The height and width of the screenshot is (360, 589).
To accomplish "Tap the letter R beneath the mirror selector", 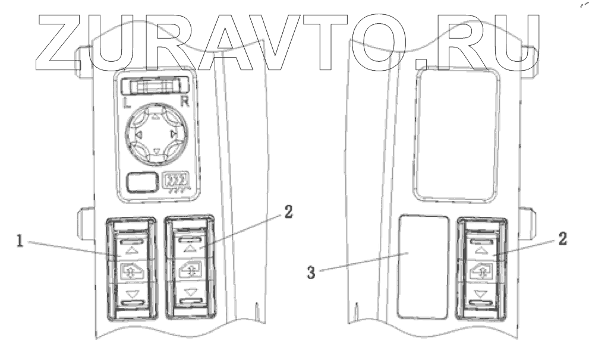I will (x=184, y=102).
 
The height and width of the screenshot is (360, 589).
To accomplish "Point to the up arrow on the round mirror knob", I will (x=156, y=117).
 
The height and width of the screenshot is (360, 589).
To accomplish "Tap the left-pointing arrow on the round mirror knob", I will (x=137, y=135).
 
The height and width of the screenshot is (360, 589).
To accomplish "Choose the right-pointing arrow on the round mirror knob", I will (x=174, y=135).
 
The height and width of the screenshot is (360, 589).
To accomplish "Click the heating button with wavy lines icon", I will (x=177, y=181).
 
